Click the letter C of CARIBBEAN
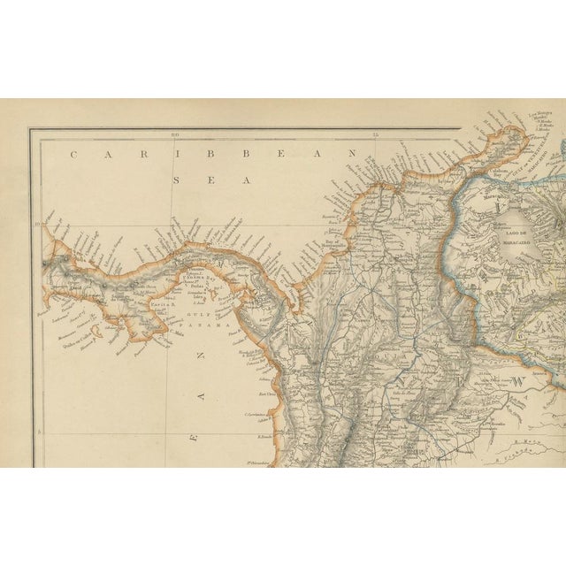point(74,153)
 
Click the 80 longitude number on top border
point(176,134)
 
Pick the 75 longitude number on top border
point(377,134)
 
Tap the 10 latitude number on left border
point(38,224)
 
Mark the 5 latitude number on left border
point(38,431)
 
